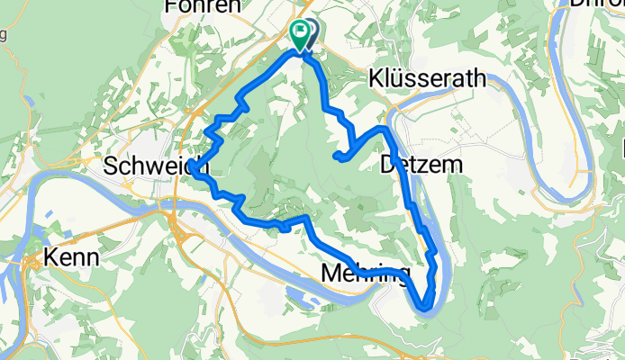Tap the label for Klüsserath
pos(427,79)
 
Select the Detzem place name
pos(421,165)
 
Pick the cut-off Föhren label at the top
pos(203,6)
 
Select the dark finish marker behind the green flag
pos(311,33)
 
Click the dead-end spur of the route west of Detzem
pos(337,157)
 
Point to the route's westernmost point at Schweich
pos(193,174)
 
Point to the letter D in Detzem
pos(388,165)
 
